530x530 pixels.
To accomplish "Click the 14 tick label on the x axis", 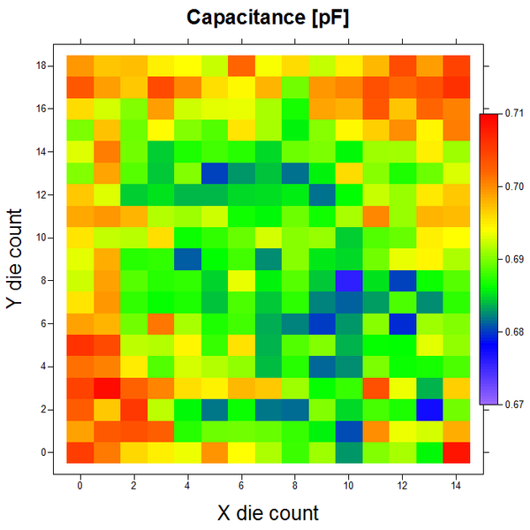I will tap(456, 484).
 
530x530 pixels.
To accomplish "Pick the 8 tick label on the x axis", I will tap(295, 484).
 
